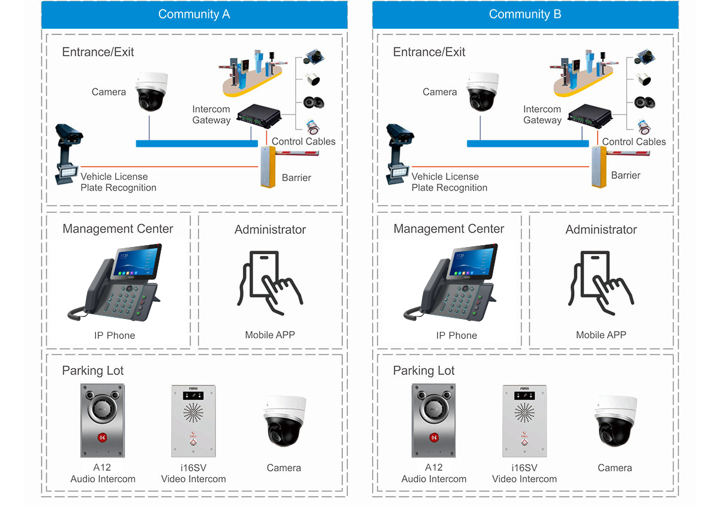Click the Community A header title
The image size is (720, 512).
tap(194, 14)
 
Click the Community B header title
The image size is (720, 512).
tap(525, 14)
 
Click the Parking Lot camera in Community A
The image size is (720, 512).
tap(284, 422)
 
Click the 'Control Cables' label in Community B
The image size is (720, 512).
tap(634, 142)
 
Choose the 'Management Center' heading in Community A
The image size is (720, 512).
tap(118, 229)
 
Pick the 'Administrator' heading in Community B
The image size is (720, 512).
tap(601, 230)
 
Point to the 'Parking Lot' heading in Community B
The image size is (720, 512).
tap(424, 371)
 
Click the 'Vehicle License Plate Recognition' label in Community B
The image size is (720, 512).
tap(449, 182)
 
